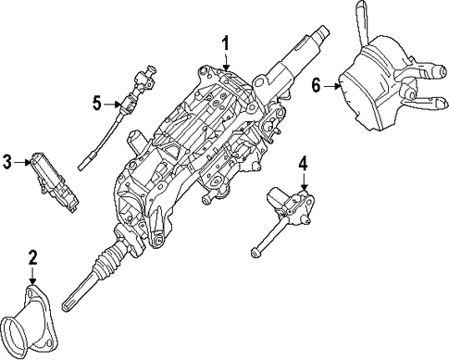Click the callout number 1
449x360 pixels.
click(226, 43)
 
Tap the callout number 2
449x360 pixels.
click(32, 258)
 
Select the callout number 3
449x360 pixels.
click(7, 162)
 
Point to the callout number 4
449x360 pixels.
click(304, 163)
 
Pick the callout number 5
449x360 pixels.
click(97, 104)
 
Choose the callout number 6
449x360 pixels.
click(316, 85)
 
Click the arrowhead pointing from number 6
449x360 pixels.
click(337, 87)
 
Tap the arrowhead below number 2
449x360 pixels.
click(32, 281)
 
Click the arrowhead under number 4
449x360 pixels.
click(305, 187)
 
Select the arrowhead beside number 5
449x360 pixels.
click(118, 105)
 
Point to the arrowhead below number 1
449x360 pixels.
click(227, 67)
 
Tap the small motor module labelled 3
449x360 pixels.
click(55, 182)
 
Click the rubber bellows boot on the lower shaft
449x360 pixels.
click(108, 258)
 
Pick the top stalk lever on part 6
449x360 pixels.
click(363, 21)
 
